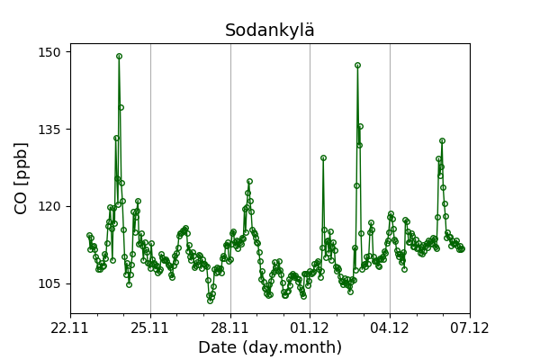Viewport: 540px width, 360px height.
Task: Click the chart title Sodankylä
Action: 270,31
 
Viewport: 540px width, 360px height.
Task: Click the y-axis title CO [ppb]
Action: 22,177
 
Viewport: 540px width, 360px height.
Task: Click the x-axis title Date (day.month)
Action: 270,347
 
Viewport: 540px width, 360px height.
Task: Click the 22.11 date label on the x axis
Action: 70,328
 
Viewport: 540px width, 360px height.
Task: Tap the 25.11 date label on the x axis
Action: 150,328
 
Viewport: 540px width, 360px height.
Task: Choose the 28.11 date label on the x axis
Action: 230,328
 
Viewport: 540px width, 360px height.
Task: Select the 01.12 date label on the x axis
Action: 310,328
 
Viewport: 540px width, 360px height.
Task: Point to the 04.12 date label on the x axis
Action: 390,328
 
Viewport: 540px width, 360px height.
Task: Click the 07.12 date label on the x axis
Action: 470,328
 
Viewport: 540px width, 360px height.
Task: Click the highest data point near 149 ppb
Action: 119,56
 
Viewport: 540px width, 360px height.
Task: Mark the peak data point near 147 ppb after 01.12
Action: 357,65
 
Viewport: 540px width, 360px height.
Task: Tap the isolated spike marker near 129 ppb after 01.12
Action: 323,157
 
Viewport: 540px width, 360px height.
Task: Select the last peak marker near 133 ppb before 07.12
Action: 442,140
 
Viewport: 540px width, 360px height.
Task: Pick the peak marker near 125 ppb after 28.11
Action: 249,182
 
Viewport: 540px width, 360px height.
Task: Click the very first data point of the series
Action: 89,235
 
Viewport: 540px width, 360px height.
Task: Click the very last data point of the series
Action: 462,248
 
